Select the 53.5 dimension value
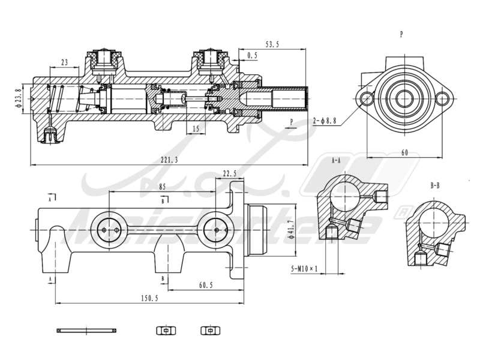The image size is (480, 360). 273,44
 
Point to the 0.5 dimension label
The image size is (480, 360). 253,56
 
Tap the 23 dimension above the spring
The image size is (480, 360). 65,62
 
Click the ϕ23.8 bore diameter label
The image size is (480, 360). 18,98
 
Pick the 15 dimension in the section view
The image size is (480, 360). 196,128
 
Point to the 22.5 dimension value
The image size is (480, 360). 230,173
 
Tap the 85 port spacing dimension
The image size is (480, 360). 163,187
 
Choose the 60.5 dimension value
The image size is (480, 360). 205,285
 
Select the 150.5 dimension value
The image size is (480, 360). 149,298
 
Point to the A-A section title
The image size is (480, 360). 336,161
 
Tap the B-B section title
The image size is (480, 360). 436,186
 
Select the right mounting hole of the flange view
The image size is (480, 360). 444,97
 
